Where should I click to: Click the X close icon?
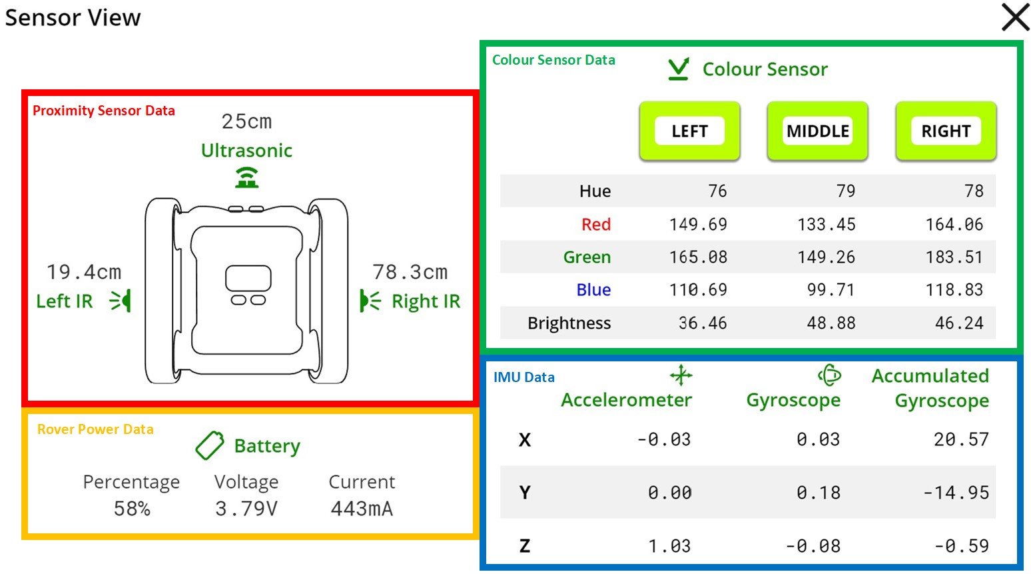click(1015, 17)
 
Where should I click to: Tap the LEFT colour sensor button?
click(689, 131)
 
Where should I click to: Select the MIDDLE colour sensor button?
click(817, 131)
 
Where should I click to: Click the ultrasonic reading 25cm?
click(246, 122)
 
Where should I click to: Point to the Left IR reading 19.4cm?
click(84, 273)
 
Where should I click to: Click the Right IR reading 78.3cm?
click(410, 273)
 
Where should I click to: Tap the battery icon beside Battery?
click(210, 445)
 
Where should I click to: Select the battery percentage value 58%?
click(132, 509)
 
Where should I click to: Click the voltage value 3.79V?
click(246, 509)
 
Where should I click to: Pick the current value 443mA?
click(362, 509)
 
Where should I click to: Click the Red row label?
click(595, 225)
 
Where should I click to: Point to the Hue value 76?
click(717, 191)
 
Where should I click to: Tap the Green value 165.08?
click(698, 257)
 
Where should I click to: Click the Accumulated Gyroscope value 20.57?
click(960, 439)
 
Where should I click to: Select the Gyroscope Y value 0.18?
click(818, 493)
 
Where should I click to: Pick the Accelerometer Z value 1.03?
click(669, 546)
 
